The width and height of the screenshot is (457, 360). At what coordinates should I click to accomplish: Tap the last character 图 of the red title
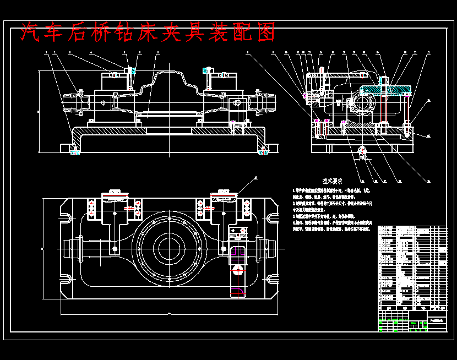[265, 32]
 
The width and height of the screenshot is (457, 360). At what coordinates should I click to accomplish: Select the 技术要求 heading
[333, 181]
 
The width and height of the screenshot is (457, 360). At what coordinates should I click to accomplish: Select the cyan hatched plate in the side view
[385, 89]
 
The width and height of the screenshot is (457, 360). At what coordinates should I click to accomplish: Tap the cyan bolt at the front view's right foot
[263, 152]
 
